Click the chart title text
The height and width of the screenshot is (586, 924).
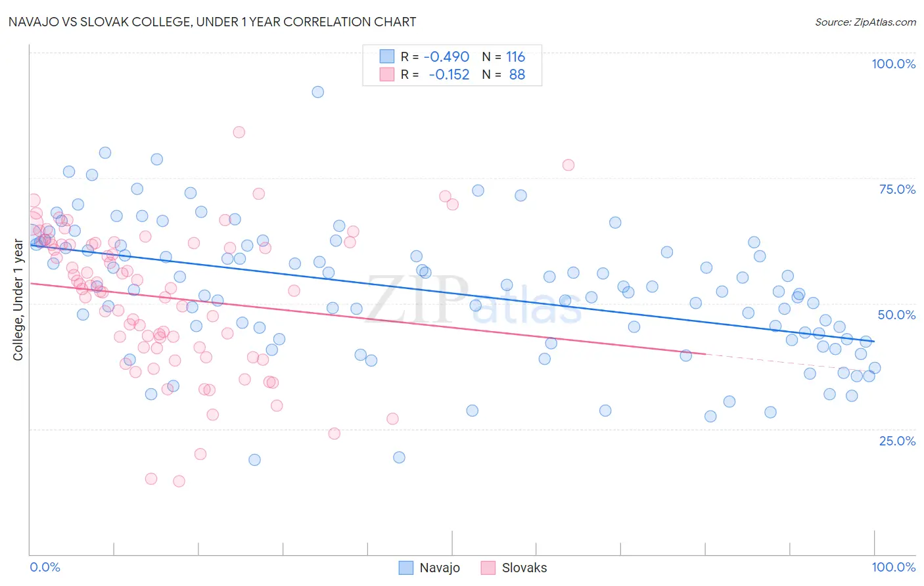click(x=212, y=22)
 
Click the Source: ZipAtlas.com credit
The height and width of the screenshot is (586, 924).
click(x=865, y=22)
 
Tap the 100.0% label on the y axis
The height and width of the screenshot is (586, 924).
click(x=893, y=64)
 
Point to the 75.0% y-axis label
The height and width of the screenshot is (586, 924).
click(x=897, y=189)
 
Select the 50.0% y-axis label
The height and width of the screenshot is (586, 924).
click(x=896, y=315)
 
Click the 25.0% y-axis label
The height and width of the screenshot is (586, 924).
click(x=897, y=441)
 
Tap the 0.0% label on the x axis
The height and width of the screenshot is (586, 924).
click(x=45, y=567)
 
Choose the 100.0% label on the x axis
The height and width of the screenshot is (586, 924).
click(x=893, y=567)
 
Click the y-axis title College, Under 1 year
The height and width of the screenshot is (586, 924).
click(x=18, y=300)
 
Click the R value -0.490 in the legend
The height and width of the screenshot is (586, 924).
click(x=446, y=57)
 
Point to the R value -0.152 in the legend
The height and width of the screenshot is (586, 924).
click(x=449, y=75)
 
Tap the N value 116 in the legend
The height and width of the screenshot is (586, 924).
click(x=515, y=57)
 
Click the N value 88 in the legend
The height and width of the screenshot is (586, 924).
click(x=517, y=75)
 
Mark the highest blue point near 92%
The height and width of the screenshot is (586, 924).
click(x=317, y=92)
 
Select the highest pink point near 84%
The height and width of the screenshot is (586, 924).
click(x=239, y=132)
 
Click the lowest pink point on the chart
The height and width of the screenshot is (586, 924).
click(x=179, y=481)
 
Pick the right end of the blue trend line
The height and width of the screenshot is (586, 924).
click(x=874, y=342)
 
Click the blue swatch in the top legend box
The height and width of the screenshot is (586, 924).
click(x=387, y=57)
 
